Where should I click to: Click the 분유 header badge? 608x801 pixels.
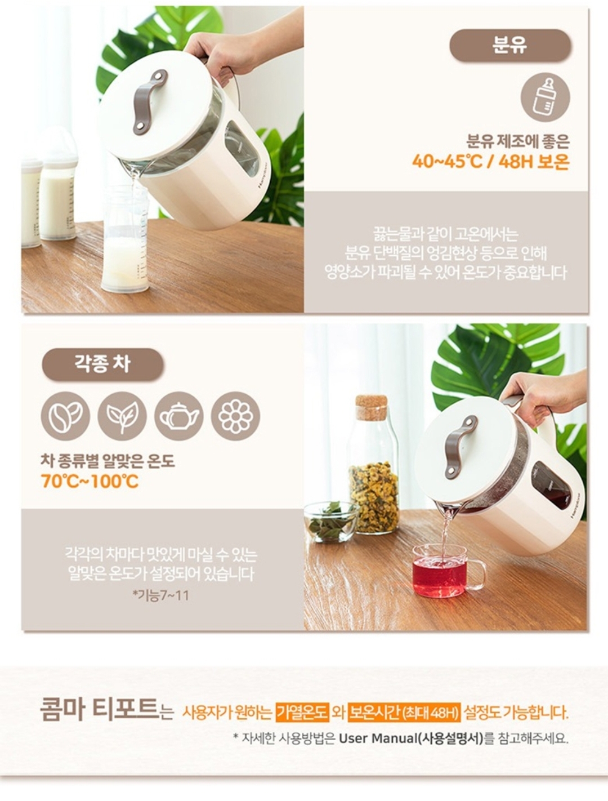click(510, 46)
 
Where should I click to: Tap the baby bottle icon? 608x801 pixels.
click(545, 97)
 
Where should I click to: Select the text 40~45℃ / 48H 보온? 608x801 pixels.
click(490, 161)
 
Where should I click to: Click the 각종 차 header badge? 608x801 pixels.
click(102, 364)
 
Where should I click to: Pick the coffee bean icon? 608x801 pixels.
click(65, 416)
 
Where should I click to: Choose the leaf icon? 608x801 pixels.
click(122, 416)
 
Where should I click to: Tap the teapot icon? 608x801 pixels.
click(178, 416)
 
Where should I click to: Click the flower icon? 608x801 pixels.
click(236, 416)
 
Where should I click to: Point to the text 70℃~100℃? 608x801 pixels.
click(90, 481)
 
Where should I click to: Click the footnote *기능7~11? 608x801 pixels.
click(161, 596)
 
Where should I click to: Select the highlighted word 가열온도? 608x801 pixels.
click(303, 712)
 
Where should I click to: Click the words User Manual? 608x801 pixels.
click(378, 738)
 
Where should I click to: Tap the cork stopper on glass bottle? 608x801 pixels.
click(372, 407)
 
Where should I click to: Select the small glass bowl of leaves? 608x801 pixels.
click(332, 522)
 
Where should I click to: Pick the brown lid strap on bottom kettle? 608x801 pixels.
click(461, 447)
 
